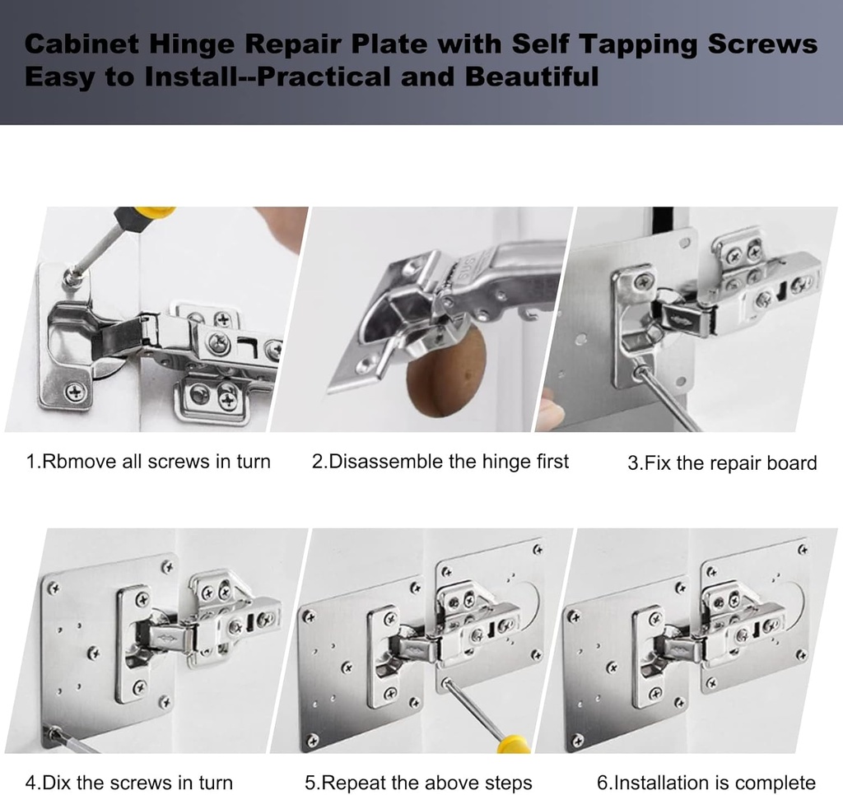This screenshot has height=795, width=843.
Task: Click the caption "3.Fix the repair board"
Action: (x=722, y=463)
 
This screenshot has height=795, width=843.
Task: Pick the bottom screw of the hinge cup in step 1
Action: (x=75, y=392)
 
